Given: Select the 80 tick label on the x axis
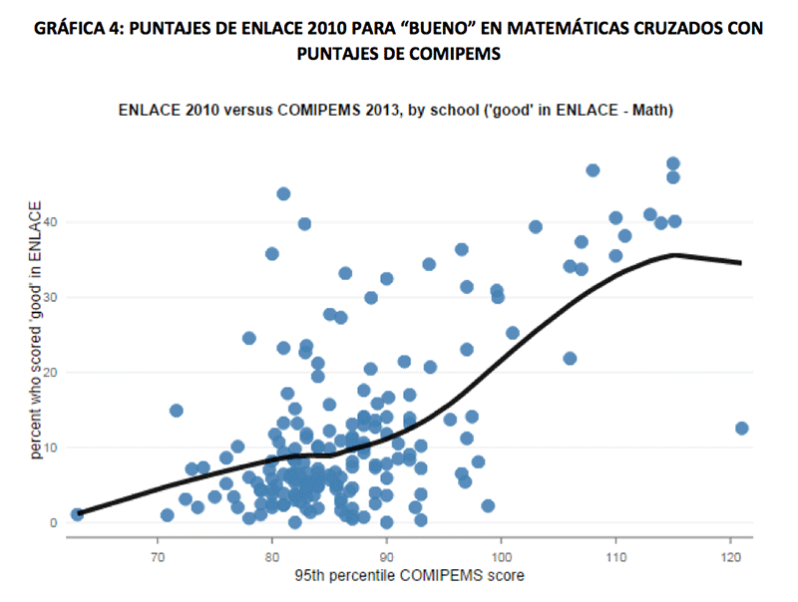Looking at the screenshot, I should pyautogui.click(x=271, y=554).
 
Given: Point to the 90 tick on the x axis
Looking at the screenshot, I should pyautogui.click(x=386, y=554).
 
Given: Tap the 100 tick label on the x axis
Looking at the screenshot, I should pyautogui.click(x=501, y=554).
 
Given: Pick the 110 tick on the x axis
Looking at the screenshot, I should pyautogui.click(x=615, y=554).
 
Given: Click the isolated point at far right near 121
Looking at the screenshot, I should pyautogui.click(x=741, y=429).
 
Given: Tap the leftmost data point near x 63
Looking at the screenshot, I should pyautogui.click(x=77, y=514).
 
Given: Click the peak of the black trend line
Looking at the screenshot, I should pyautogui.click(x=675, y=254).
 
